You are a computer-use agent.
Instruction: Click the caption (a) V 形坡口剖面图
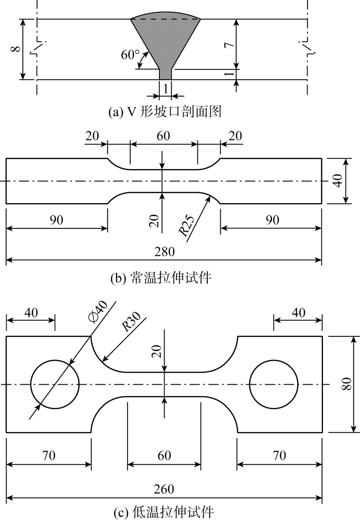click(165, 111)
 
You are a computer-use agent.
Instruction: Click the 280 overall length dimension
click(165, 252)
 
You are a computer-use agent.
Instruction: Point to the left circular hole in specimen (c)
click(55, 385)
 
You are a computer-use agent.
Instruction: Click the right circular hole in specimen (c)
click(273, 385)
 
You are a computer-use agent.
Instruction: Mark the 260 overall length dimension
click(165, 489)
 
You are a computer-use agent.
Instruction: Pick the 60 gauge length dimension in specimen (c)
click(164, 455)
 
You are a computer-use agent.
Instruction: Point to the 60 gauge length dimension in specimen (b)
click(164, 136)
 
